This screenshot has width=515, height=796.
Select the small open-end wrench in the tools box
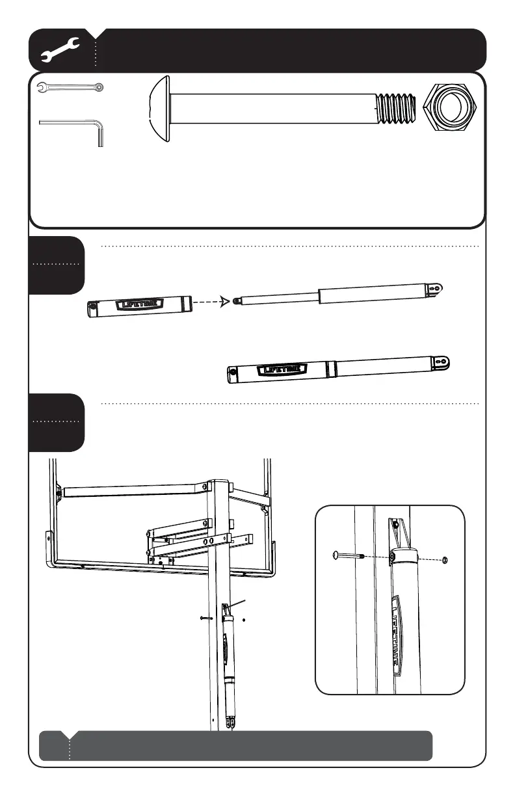(x=70, y=86)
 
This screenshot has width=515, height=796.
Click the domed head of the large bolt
(x=160, y=108)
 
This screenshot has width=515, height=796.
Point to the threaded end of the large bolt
(x=396, y=108)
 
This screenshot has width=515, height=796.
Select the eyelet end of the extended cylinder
(x=438, y=287)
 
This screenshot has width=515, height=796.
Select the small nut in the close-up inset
(x=445, y=560)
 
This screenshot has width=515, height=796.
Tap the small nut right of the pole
(x=243, y=619)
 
